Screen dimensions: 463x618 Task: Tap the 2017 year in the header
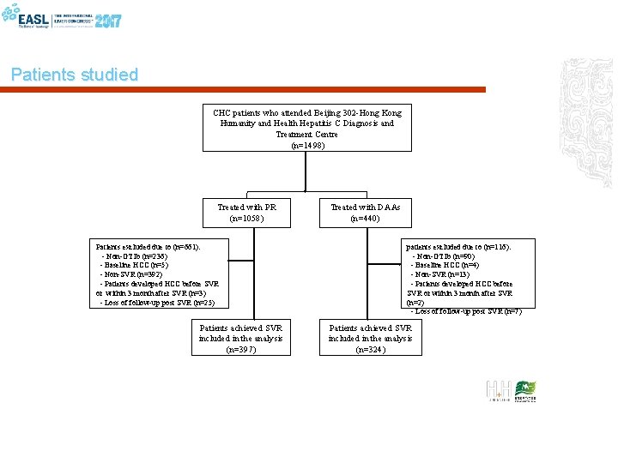point(108,20)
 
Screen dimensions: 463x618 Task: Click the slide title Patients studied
point(75,75)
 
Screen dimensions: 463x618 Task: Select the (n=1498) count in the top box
point(308,146)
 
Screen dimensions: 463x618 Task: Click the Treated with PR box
point(247,213)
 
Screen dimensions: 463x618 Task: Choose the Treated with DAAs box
point(365,213)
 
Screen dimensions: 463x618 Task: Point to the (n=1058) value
point(247,219)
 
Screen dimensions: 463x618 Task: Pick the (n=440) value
point(365,219)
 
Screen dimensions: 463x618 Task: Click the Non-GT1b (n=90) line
point(444,256)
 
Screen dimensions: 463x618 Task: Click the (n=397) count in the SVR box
point(240,350)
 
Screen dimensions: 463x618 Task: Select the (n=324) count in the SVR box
point(370,350)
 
